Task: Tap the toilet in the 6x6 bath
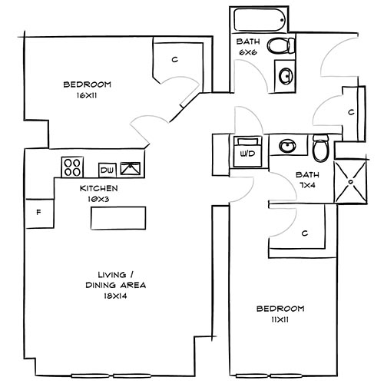pyautogui.click(x=279, y=46)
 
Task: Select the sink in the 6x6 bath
pyautogui.click(x=285, y=75)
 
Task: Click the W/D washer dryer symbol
pyautogui.click(x=247, y=151)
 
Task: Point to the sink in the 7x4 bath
pyautogui.click(x=288, y=146)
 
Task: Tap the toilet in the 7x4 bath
pyautogui.click(x=320, y=146)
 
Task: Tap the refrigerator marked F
pyautogui.click(x=38, y=213)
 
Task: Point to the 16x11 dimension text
pyautogui.click(x=84, y=97)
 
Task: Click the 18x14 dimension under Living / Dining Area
pyautogui.click(x=116, y=294)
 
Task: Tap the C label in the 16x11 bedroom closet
pyautogui.click(x=175, y=60)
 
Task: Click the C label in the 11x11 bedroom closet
pyautogui.click(x=305, y=233)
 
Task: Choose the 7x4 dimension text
pyautogui.click(x=308, y=185)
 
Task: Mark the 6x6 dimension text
pyautogui.click(x=246, y=52)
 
